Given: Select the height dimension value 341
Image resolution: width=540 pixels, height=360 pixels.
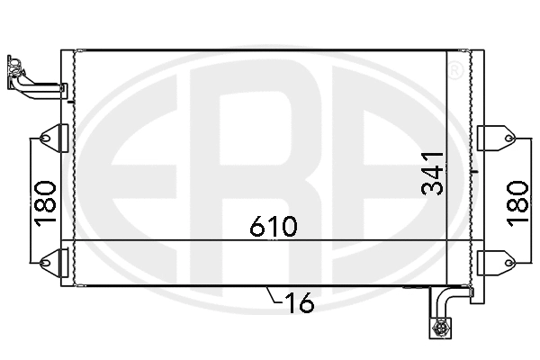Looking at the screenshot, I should (434, 172).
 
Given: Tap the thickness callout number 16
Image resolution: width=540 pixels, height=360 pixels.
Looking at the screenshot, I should (301, 304).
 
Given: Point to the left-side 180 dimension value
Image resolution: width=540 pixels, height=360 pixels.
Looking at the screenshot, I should (45, 202).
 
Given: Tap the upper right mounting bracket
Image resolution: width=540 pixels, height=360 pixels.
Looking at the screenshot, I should (494, 137).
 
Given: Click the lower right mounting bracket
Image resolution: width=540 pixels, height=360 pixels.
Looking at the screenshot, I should (494, 262).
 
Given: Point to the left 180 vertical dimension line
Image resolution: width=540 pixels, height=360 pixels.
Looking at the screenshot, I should (34, 198).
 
